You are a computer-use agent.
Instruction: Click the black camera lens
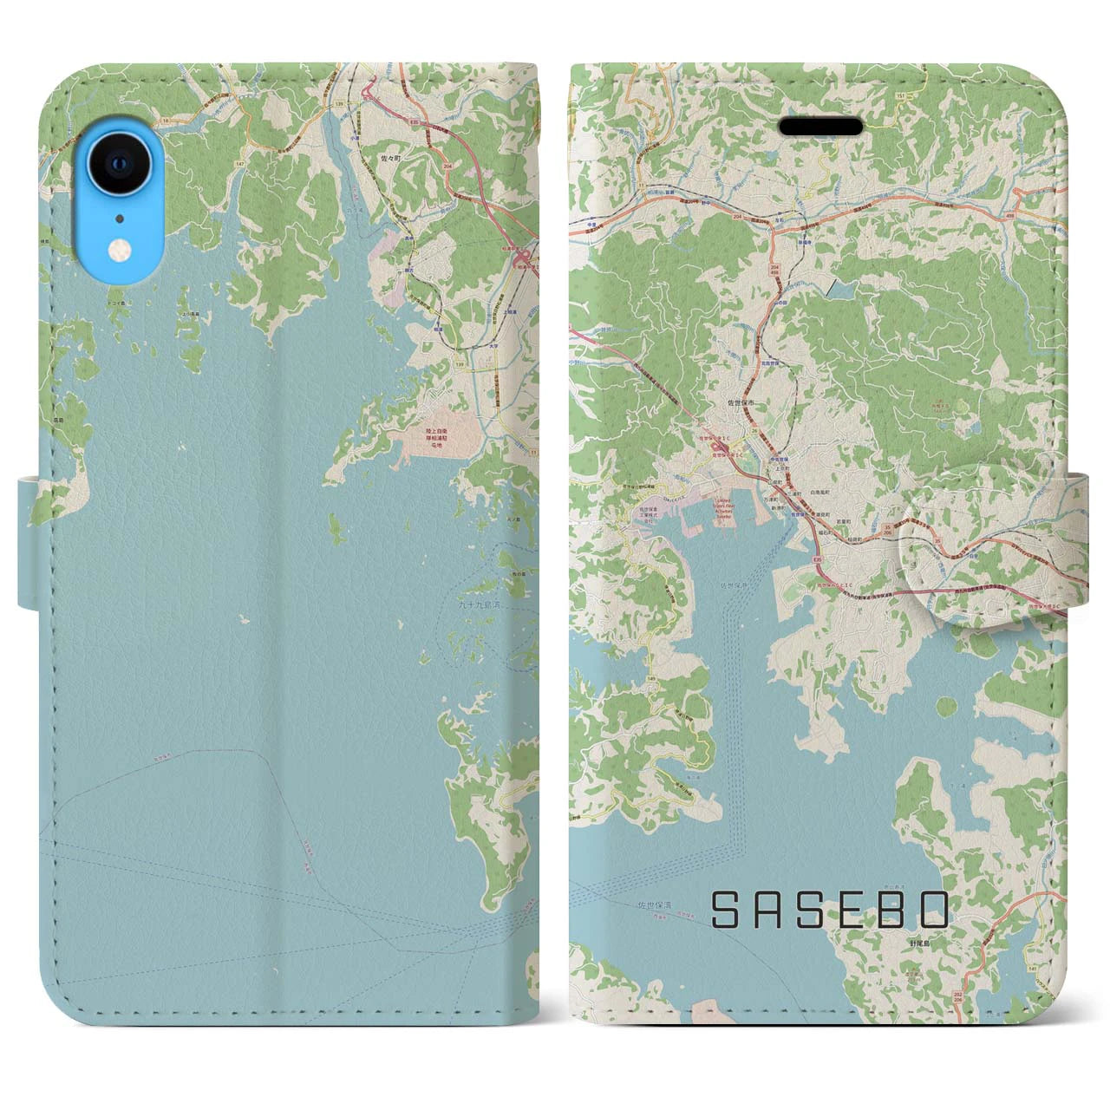pos(118,162)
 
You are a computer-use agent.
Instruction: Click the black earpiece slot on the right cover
pos(820,127)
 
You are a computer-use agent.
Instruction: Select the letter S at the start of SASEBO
pos(726,911)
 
